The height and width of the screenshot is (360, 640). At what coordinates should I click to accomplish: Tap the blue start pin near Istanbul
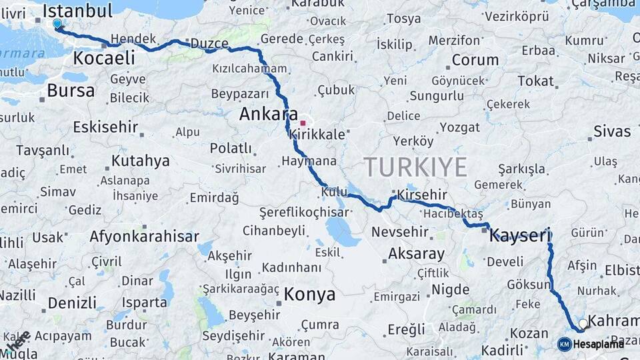point(57,24)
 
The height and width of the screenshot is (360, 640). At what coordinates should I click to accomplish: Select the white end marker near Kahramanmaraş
point(583,323)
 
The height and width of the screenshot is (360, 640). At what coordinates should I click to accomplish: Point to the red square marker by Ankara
point(303,123)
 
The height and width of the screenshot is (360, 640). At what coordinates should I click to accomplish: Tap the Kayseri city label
point(520,235)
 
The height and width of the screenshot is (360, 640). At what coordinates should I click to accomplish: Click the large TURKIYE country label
point(415,168)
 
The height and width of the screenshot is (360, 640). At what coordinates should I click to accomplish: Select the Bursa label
point(71,91)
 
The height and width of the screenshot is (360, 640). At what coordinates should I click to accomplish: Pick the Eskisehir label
point(105,127)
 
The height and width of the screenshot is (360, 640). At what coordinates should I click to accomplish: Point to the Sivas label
point(611,130)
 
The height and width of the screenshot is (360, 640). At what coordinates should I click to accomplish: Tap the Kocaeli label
point(103,58)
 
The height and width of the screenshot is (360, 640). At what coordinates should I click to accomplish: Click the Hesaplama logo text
point(599,344)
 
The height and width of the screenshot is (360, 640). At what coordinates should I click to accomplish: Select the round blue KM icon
point(564,344)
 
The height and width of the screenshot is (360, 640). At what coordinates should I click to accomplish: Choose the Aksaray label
point(416,254)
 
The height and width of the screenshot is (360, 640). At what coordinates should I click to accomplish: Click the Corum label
point(475,60)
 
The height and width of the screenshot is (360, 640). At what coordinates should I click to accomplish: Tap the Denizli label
point(72,303)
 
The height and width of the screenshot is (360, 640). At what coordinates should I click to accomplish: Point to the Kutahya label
point(140,161)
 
